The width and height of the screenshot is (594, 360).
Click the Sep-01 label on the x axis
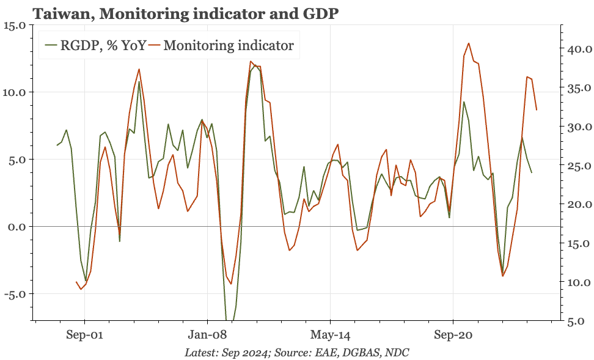(84, 335)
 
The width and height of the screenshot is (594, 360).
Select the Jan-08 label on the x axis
(207, 335)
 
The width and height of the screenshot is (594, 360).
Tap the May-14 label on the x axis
(330, 335)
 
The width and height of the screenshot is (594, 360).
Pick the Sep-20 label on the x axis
(453, 335)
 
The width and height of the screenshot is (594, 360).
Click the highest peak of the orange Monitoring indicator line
(469, 43)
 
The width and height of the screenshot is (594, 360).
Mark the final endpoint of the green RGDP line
(532, 172)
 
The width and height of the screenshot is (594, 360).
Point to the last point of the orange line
(537, 110)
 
